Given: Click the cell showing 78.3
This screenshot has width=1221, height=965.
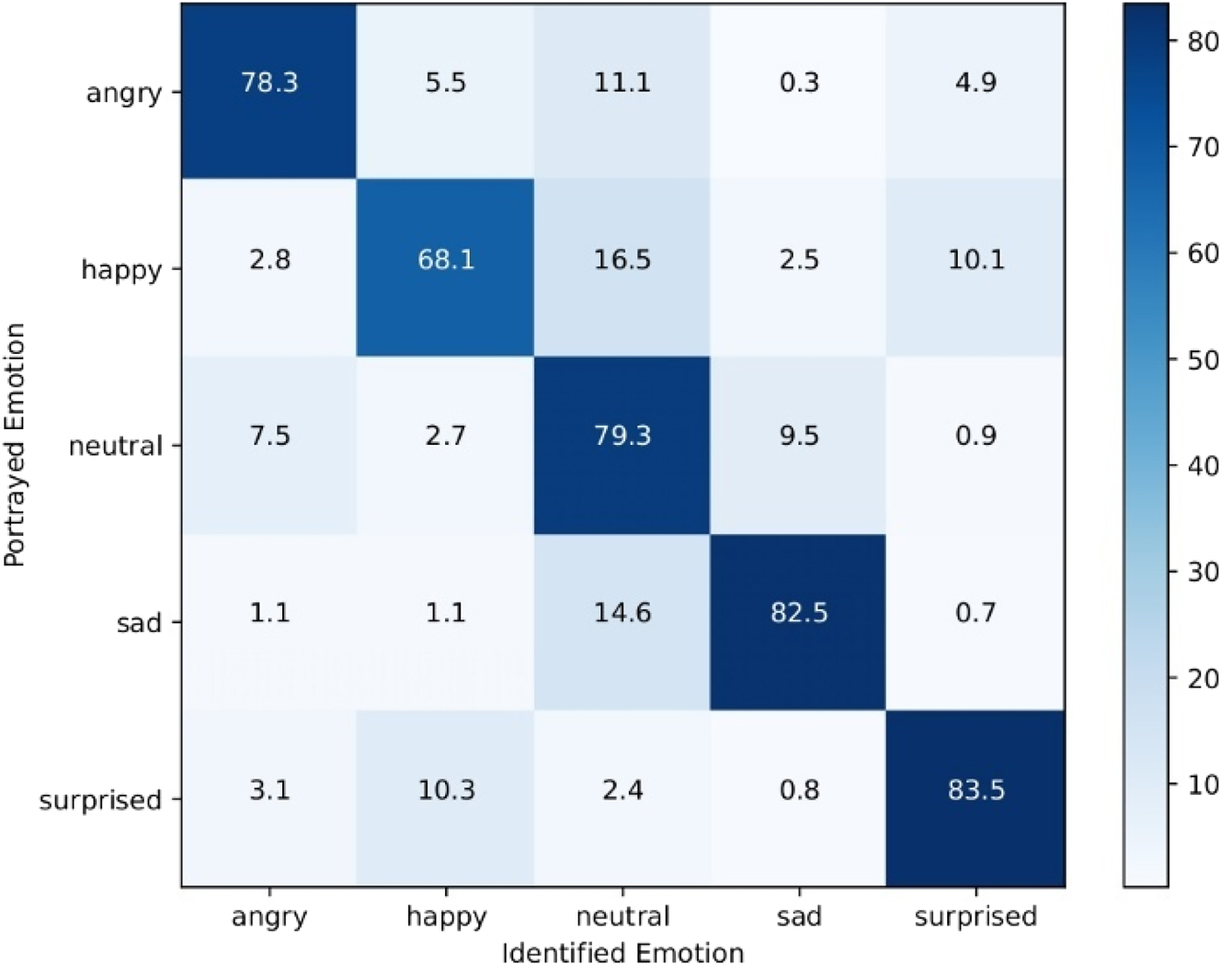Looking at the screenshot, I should coord(269,83).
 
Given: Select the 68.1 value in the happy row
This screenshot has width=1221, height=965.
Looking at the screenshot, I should coord(446,259).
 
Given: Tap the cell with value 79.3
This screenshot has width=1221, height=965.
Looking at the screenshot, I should coord(622,436).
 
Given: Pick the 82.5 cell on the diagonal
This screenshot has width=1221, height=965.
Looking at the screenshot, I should coord(799,612).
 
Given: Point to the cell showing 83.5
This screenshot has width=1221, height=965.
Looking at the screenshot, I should coord(976,789).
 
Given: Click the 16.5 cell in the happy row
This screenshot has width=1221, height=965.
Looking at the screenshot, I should coord(622,259).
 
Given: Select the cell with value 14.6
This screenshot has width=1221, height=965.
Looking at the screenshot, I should coord(622,612).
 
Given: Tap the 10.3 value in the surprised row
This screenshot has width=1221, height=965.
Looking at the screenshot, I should coord(446,789).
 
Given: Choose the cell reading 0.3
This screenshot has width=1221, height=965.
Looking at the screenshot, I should coord(799,83).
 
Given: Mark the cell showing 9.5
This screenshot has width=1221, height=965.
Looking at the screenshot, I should coord(799,436).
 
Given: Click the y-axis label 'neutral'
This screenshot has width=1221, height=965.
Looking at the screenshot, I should coord(116,447).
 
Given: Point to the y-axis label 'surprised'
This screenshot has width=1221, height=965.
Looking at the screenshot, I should coord(100,800).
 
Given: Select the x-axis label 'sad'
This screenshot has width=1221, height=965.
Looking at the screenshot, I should coord(799,916).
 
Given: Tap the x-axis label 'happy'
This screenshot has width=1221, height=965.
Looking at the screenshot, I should coord(446,917).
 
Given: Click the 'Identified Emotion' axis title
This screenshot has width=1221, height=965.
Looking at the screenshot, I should coord(622,952).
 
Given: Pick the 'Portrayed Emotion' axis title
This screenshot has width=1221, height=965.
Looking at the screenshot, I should coord(15,445).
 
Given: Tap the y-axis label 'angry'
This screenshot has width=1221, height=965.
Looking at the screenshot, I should coord(124,93).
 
